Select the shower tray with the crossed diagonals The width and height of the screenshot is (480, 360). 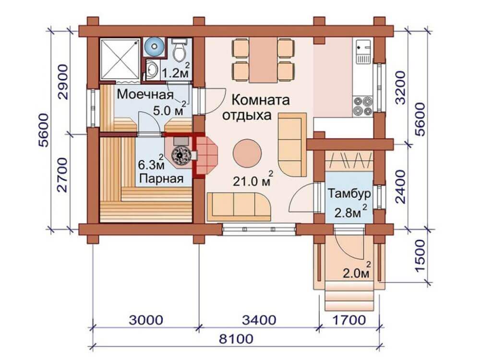(x=120, y=58)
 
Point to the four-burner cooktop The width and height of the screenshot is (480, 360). (x=362, y=105)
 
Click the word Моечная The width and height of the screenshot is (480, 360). (x=145, y=94)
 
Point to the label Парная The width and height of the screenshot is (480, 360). (x=161, y=178)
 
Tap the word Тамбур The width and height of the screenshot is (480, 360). (x=349, y=194)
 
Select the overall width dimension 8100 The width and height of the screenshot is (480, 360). (x=237, y=339)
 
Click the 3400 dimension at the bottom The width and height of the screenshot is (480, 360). (x=259, y=320)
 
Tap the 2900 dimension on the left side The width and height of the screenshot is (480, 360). (x=63, y=82)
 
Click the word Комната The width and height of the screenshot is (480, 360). (x=260, y=100)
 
